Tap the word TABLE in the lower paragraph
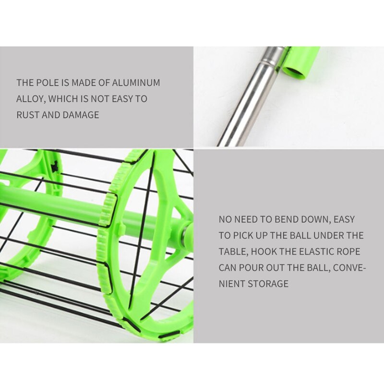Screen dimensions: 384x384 click(234, 252)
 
